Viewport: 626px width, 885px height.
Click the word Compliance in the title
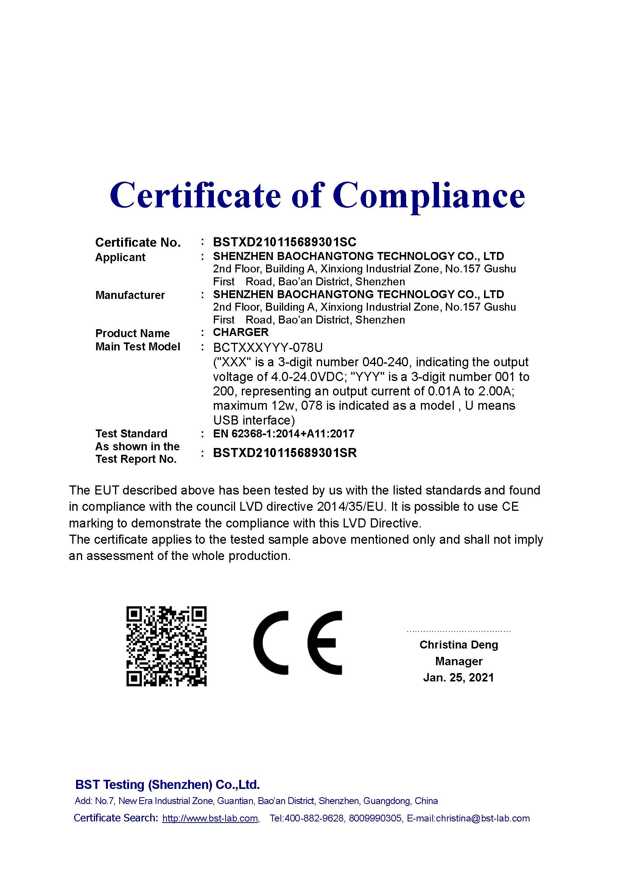429,195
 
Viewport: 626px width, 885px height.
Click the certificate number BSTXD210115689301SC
285,242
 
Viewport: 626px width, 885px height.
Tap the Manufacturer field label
130,295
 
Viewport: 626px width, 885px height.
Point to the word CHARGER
241,332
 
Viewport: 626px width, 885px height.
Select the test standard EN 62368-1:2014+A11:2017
283,434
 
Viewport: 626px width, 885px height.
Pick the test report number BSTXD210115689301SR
285,453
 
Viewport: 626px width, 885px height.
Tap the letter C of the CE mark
271,642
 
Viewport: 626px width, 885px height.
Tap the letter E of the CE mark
325,642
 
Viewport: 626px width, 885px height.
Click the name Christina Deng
458,644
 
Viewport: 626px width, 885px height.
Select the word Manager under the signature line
458,661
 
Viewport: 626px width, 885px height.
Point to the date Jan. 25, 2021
458,678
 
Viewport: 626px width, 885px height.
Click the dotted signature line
458,631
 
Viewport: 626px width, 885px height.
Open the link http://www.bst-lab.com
210,818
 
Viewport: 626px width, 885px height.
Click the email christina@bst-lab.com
483,818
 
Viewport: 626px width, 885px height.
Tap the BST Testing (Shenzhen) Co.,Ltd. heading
167,784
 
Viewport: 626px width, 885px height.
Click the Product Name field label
132,333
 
